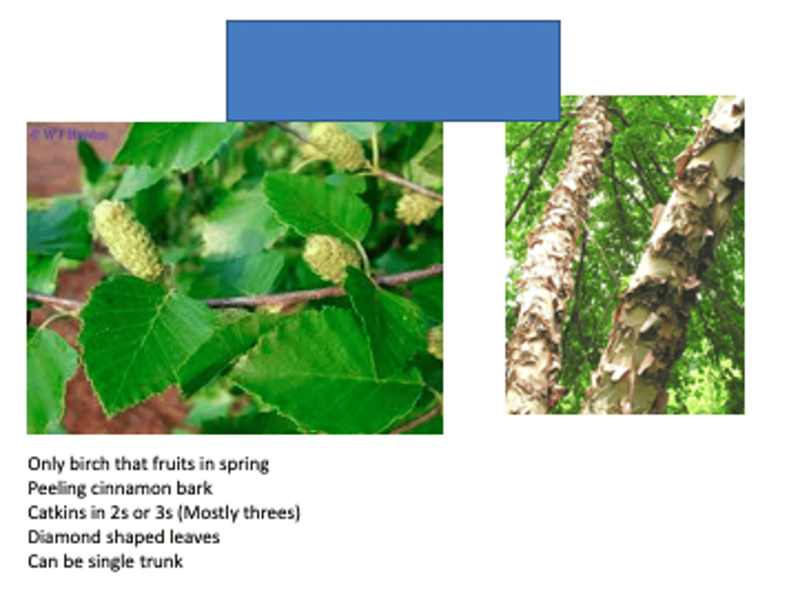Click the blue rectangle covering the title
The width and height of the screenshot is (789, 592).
pyautogui.click(x=393, y=71)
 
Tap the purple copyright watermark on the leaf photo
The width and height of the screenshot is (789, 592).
pyautogui.click(x=68, y=134)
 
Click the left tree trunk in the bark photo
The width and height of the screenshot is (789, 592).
pyautogui.click(x=553, y=263)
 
